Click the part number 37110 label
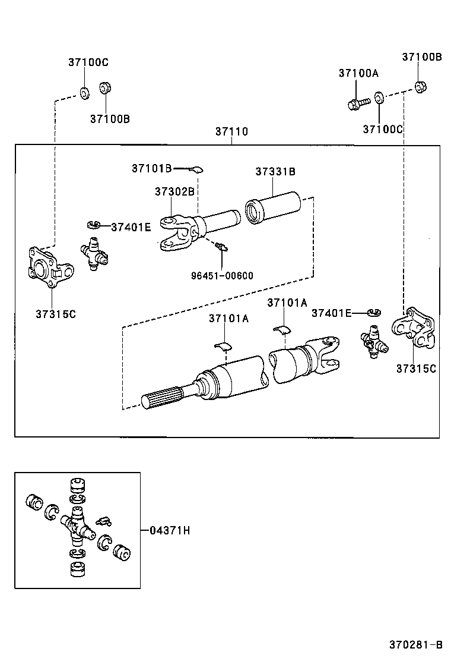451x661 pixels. (231, 132)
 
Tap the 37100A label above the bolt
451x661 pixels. (358, 73)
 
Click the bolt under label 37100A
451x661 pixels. (357, 105)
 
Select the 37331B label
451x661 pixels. (275, 172)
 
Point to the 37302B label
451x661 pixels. (174, 191)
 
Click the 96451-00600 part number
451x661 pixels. (222, 275)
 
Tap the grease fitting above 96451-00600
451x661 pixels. (221, 246)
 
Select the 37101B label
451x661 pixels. (151, 169)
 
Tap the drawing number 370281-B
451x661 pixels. (416, 644)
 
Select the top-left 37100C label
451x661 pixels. (88, 62)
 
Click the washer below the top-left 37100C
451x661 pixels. (84, 93)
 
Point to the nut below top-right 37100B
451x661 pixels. (421, 86)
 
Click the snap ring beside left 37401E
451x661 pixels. (92, 225)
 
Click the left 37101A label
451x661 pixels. (228, 319)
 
